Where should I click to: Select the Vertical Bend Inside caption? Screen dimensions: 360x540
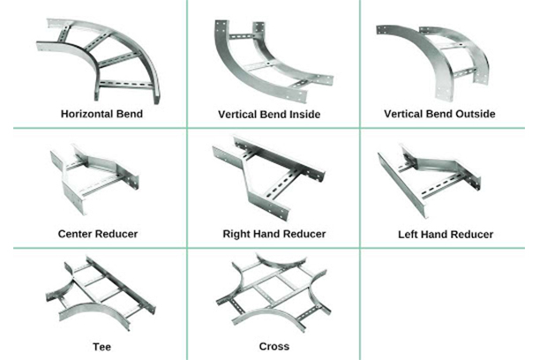pos(269,115)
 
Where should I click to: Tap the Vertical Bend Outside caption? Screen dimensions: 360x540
pos(439,114)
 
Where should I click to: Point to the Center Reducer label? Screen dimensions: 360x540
pos(98,234)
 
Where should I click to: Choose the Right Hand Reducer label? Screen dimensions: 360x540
pos(274,234)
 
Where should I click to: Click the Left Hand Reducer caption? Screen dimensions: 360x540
pos(446,235)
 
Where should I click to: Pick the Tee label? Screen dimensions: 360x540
pos(101,347)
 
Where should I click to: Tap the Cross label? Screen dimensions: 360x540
pos(274,347)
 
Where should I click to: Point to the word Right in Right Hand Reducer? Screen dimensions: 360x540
pos(238,234)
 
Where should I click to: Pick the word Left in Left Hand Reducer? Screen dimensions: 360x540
pos(411,235)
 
